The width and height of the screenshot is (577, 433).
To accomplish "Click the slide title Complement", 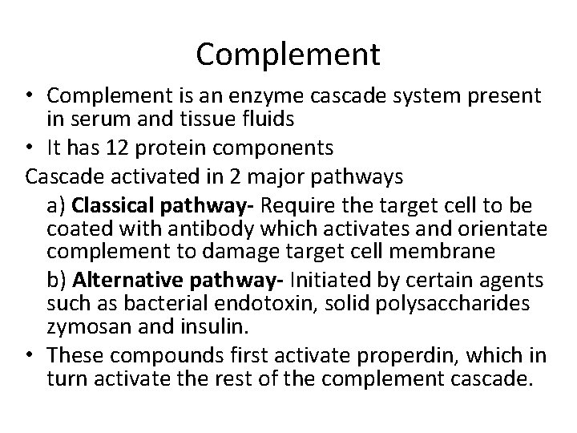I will pos(288,55).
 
